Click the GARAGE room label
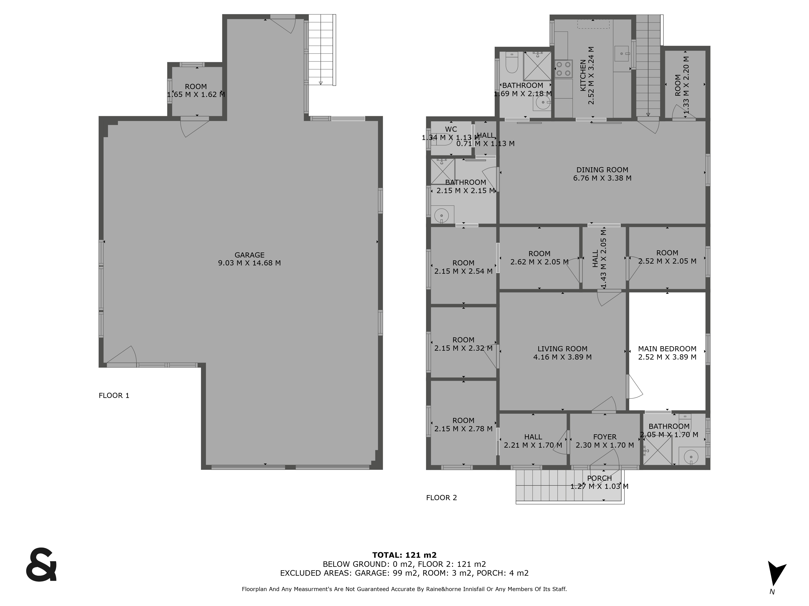click(249, 255)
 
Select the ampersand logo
click(41, 564)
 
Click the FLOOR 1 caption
click(114, 395)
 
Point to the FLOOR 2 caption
click(442, 498)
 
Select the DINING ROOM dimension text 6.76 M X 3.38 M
click(602, 178)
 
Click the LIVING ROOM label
click(562, 349)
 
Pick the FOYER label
click(605, 437)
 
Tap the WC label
click(451, 129)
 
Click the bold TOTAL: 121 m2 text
click(404, 555)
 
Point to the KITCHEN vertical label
click(583, 76)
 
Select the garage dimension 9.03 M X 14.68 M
click(249, 263)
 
